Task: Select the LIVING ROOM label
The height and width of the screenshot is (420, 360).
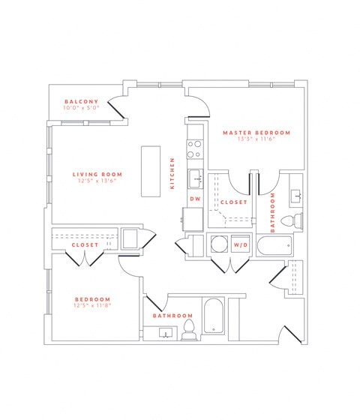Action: point(92,172)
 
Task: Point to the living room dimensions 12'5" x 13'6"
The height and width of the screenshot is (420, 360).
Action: point(92,180)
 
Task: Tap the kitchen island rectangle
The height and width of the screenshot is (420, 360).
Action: point(151,170)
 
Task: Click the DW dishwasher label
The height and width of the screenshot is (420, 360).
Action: point(194,199)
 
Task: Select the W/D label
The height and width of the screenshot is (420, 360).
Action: point(241,245)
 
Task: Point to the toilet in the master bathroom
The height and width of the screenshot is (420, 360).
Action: point(295,220)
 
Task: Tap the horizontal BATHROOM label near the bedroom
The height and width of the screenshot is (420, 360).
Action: point(173,316)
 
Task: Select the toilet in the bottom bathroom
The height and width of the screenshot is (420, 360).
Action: point(187,329)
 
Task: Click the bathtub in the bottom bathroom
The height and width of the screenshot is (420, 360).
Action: point(213,317)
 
